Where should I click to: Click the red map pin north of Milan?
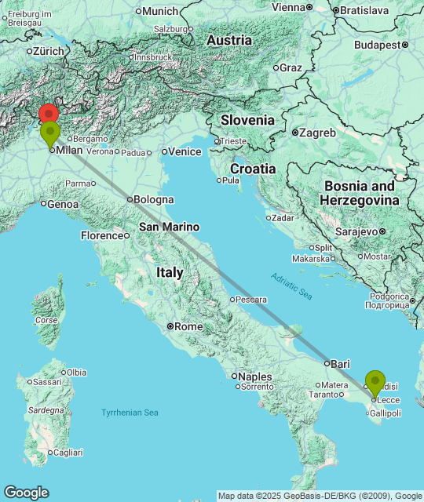click(x=49, y=113)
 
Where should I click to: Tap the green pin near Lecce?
click(x=375, y=382)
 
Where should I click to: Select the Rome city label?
click(x=188, y=326)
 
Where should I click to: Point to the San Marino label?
click(x=169, y=227)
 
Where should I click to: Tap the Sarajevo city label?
click(x=359, y=231)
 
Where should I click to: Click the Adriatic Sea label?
click(x=291, y=286)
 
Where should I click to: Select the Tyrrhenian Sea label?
click(x=130, y=413)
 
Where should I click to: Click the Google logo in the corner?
click(x=26, y=492)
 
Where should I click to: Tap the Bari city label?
click(x=340, y=364)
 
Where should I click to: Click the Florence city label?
click(x=101, y=235)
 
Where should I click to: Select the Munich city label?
click(x=161, y=11)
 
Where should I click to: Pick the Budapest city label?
click(x=377, y=45)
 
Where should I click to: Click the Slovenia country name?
click(x=247, y=120)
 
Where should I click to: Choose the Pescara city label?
click(x=252, y=300)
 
